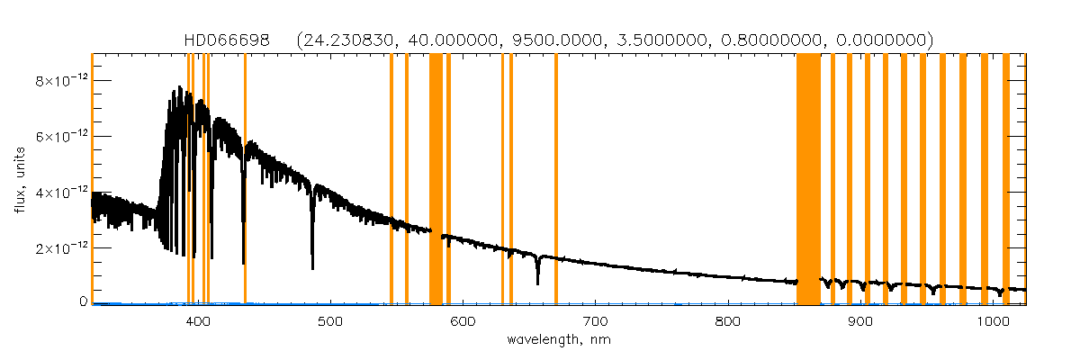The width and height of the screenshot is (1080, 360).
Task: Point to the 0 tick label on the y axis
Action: tap(82, 302)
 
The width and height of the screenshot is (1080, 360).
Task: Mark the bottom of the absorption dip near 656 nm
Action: tap(537, 283)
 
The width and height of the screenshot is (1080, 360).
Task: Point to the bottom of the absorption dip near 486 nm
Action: tap(312, 268)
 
